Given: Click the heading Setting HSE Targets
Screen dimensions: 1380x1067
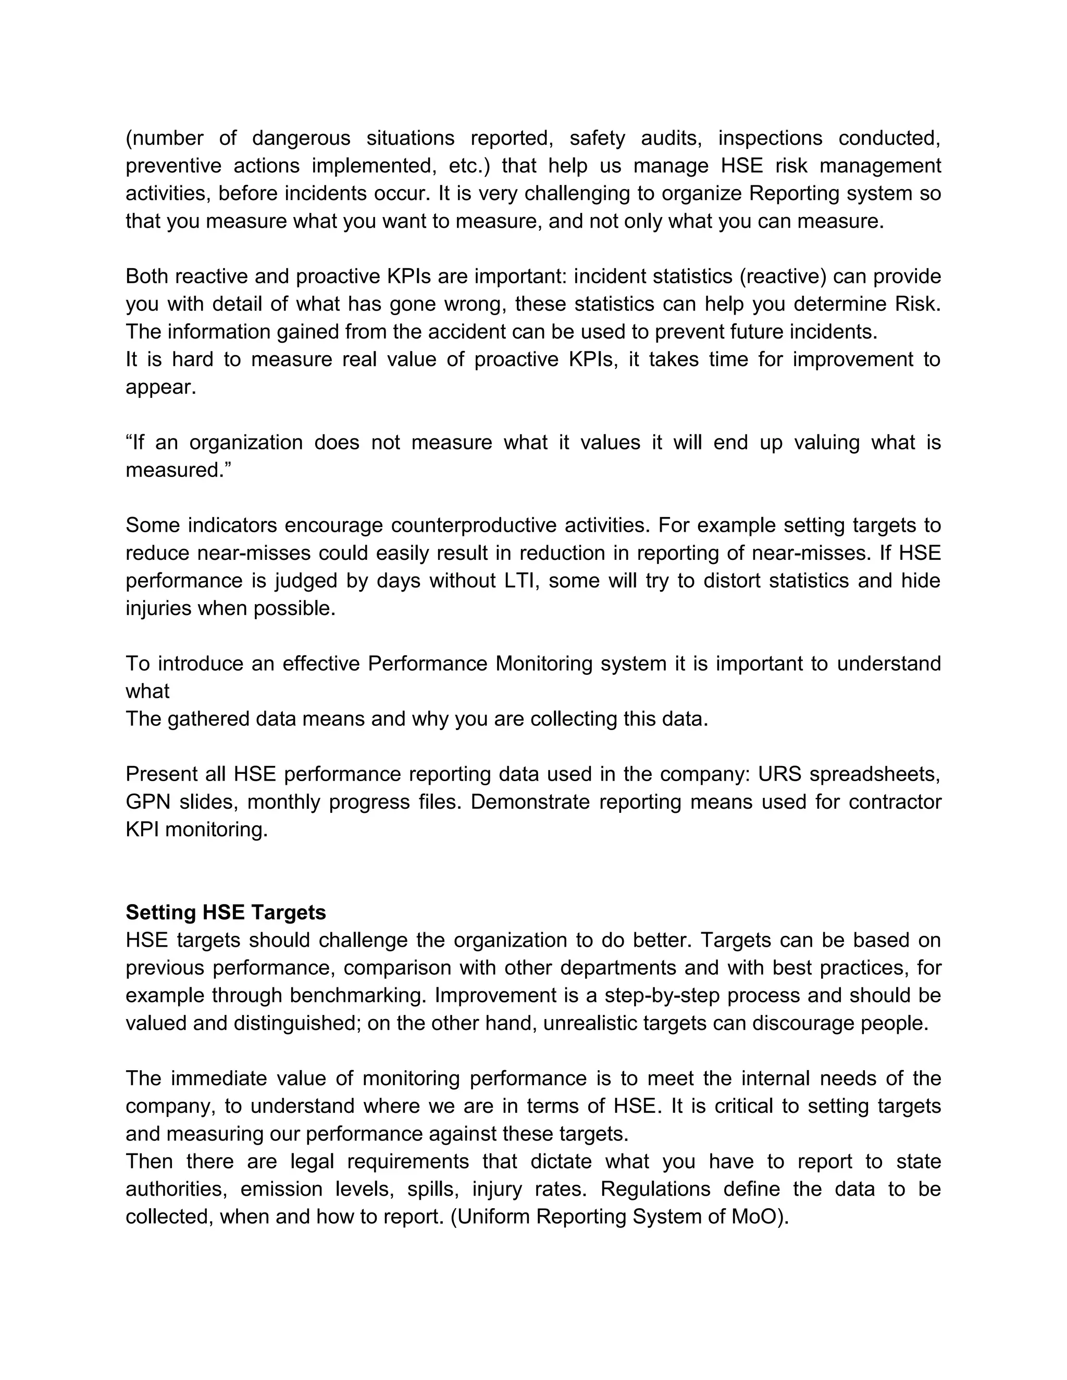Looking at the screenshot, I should pyautogui.click(x=226, y=912).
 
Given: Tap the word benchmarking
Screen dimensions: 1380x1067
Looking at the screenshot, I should pyautogui.click(x=358, y=995).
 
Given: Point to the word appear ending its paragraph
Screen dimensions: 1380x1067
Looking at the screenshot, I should pyautogui.click(x=160, y=387).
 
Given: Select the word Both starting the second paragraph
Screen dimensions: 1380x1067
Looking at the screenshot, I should pyautogui.click(x=146, y=276).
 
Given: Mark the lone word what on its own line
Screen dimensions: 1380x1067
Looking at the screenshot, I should pyautogui.click(x=147, y=691).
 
